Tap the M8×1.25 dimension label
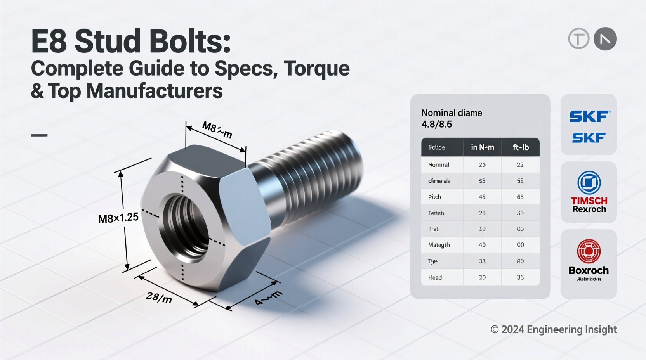tap(118, 218)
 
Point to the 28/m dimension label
tap(159, 298)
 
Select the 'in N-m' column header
tap(483, 147)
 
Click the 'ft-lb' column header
tap(520, 147)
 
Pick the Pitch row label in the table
tap(434, 197)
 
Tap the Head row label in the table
tap(435, 277)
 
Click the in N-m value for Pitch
tap(482, 197)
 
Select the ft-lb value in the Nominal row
tap(520, 165)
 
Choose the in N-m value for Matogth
tap(482, 245)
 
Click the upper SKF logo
tap(589, 116)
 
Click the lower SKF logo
tap(589, 138)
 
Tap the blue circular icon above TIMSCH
tap(589, 182)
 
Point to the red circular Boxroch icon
tap(589, 251)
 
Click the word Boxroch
tap(589, 270)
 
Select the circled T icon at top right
tap(578, 39)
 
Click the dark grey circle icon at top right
tap(605, 39)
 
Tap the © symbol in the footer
tap(495, 330)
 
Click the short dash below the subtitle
tap(39, 135)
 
